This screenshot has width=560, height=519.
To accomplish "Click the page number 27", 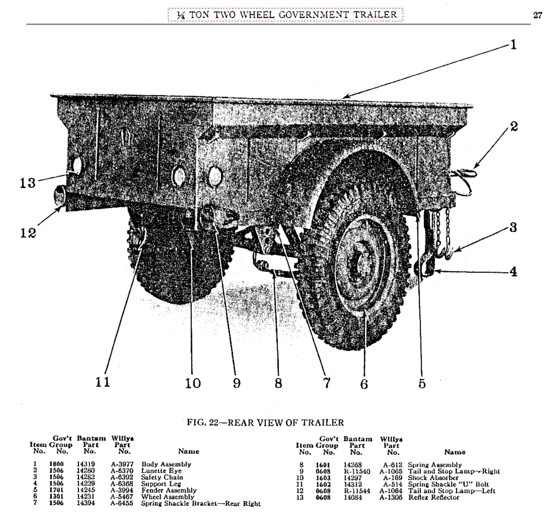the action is click(538, 15).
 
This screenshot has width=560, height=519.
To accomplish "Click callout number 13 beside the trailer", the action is click(28, 183).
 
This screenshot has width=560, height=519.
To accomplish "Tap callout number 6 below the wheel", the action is click(364, 384).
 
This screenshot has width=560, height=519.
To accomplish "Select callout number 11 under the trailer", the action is click(103, 382).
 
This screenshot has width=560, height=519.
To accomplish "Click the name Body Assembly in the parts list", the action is click(166, 464).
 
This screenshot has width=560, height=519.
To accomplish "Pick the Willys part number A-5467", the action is click(122, 497).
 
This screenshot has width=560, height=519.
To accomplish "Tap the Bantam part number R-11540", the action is click(357, 472).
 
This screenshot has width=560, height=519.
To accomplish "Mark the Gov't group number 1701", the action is click(56, 490).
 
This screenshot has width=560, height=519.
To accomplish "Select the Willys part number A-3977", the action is click(122, 464).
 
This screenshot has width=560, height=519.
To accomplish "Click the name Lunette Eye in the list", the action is click(161, 471).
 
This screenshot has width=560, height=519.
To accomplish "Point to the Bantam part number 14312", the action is click(353, 484).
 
